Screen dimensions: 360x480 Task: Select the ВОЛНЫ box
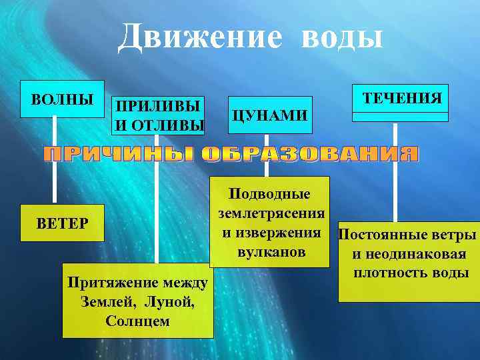(63, 100)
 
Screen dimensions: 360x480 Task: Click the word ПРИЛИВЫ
(157, 107)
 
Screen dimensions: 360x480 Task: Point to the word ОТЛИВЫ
(169, 124)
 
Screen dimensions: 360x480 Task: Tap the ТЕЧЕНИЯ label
(401, 98)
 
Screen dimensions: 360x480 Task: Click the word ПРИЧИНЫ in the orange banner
(119, 155)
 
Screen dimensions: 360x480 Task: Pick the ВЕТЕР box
(63, 222)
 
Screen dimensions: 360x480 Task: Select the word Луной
(172, 301)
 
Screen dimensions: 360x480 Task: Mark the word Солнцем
(137, 320)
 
